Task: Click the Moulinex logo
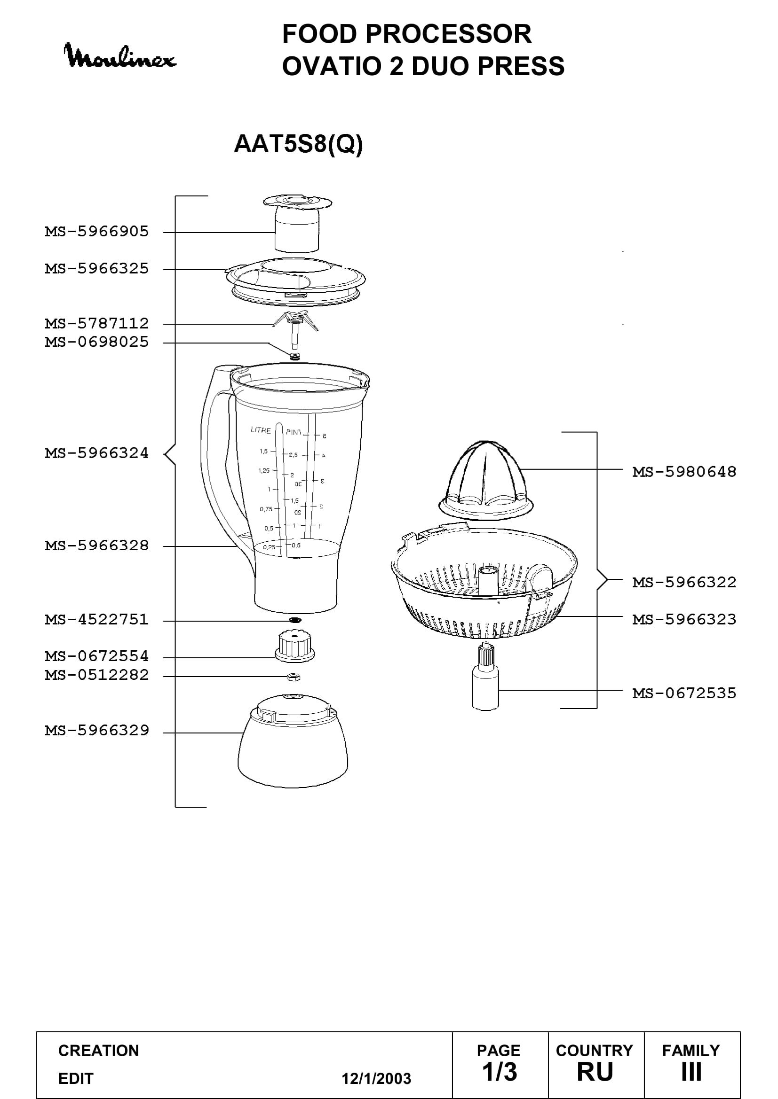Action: (x=120, y=55)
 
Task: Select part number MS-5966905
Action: (x=97, y=232)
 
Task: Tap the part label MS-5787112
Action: (x=97, y=324)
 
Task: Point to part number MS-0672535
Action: (x=684, y=693)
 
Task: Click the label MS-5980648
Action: (x=684, y=472)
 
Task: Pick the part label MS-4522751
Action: (x=97, y=619)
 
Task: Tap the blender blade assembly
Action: (x=295, y=330)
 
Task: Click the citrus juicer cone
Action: (x=486, y=479)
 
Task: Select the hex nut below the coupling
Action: (x=293, y=676)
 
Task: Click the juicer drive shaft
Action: (x=485, y=677)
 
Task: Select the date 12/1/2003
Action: (x=376, y=1078)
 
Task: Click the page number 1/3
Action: (x=499, y=1072)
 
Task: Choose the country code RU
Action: (x=595, y=1072)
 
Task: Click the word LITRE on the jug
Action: (x=261, y=430)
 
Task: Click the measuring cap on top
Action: (x=297, y=223)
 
